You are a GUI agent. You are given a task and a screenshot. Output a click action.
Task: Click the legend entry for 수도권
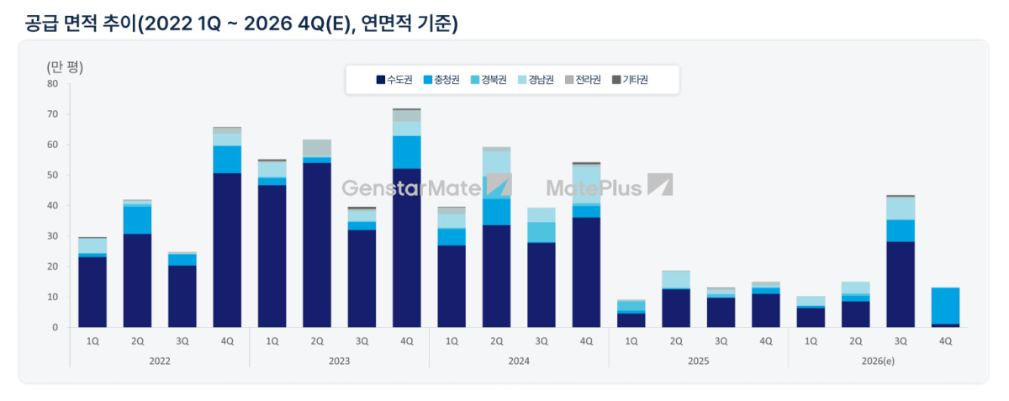[x=394, y=80]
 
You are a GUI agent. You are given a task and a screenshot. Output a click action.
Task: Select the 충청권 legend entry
[x=441, y=80]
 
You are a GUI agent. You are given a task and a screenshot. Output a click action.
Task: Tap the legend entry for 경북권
[x=489, y=80]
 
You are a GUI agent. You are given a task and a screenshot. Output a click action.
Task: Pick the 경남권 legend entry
[x=536, y=80]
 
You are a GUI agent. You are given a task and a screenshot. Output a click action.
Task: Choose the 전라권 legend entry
[x=583, y=80]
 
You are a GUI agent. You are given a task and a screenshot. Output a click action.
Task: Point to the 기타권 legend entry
[x=630, y=80]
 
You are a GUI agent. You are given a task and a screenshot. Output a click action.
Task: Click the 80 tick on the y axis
[x=53, y=84]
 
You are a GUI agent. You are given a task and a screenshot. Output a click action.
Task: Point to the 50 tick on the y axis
[x=53, y=175]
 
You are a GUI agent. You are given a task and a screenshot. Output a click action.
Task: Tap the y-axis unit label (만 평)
[x=65, y=67]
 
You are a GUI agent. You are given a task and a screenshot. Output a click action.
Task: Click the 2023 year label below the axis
[x=339, y=361]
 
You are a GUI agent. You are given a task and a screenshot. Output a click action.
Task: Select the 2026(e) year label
[x=878, y=361]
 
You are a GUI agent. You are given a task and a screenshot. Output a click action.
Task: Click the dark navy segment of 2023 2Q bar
[x=317, y=245]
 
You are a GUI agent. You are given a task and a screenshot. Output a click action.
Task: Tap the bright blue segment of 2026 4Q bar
[x=945, y=306]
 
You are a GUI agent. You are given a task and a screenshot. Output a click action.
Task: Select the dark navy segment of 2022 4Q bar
[x=227, y=250]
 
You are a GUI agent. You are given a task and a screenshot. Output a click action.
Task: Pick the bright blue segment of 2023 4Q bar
[x=407, y=152]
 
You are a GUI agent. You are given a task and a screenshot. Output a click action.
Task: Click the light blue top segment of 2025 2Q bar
[x=676, y=279]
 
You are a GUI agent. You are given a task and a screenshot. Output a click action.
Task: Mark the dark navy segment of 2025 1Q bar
[x=631, y=320]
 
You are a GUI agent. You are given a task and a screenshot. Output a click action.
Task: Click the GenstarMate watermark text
[x=411, y=187]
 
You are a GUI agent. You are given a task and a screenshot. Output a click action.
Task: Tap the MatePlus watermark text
[x=594, y=187]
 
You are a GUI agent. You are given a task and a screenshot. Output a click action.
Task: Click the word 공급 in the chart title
[x=41, y=24]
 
